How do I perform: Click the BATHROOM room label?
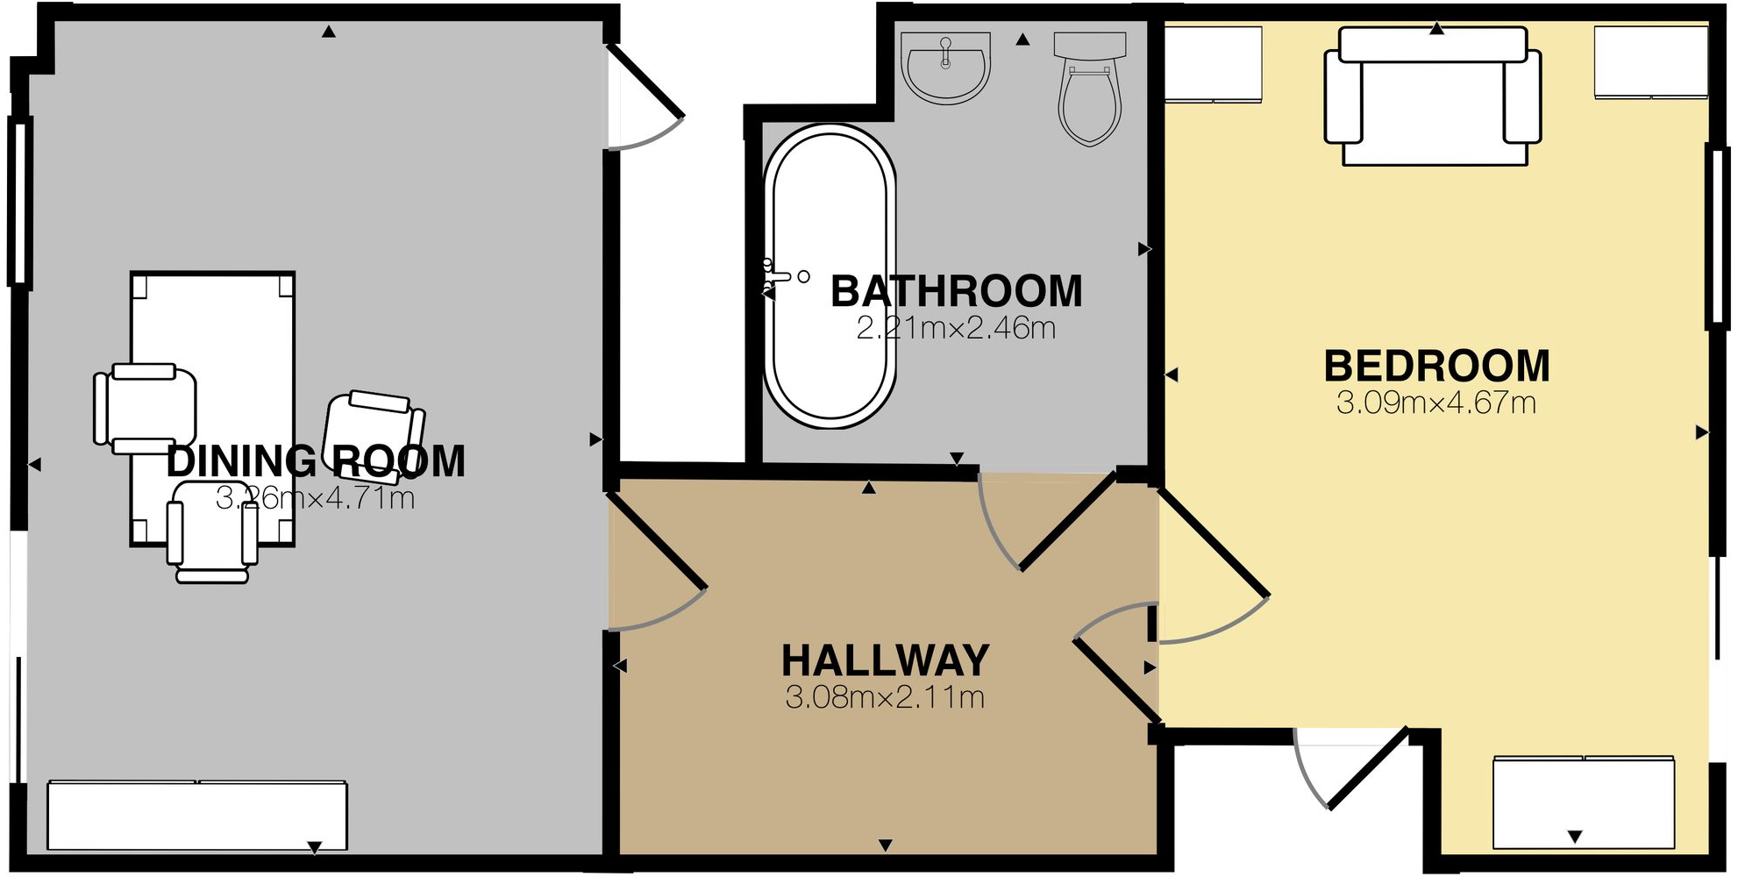(957, 292)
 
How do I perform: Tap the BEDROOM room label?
(1437, 367)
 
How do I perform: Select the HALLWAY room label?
(886, 660)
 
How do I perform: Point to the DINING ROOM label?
(316, 461)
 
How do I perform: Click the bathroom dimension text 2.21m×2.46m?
(956, 329)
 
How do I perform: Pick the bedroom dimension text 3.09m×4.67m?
(1436, 403)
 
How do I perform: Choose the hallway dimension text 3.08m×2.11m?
(885, 698)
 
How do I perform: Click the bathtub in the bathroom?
(830, 276)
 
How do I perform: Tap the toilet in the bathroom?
(1090, 88)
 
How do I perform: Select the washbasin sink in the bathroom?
(945, 68)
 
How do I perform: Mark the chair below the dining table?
(213, 531)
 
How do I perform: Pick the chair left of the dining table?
(145, 409)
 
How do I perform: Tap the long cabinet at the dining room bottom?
(197, 816)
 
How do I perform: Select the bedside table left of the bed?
(1213, 65)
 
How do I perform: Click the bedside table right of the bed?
(1651, 62)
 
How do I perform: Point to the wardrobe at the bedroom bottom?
(1584, 802)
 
